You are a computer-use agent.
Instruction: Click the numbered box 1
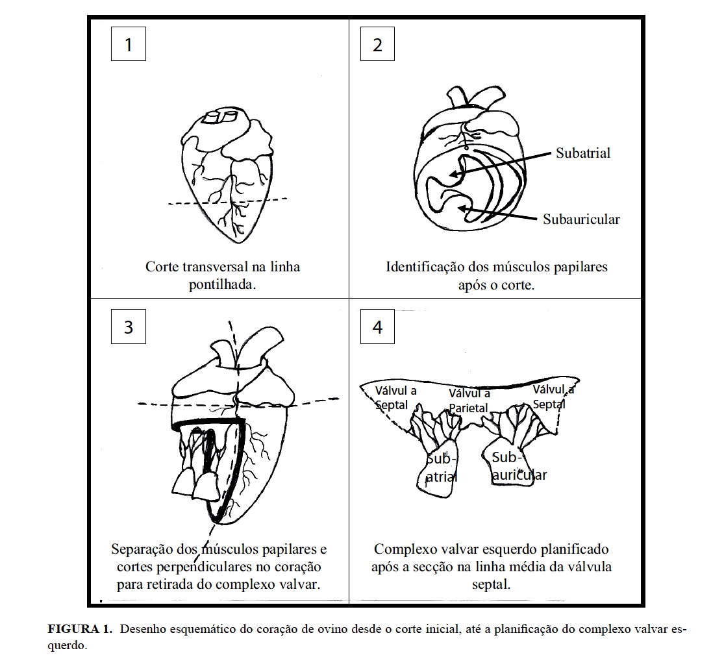point(128,45)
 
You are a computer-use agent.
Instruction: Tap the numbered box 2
point(377,45)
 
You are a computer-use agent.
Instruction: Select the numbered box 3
point(128,327)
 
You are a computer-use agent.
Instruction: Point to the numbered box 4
point(377,327)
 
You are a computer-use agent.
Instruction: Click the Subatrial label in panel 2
point(583,153)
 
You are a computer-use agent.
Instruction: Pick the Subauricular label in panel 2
point(581,219)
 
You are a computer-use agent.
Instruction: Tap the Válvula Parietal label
point(469,401)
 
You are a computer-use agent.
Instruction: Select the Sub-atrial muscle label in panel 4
point(441,467)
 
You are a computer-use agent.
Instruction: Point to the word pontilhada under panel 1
point(223,285)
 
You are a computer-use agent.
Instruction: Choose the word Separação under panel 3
point(140,549)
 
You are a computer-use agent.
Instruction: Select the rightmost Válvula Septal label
point(553,396)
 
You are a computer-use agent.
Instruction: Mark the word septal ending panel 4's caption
point(492,584)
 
